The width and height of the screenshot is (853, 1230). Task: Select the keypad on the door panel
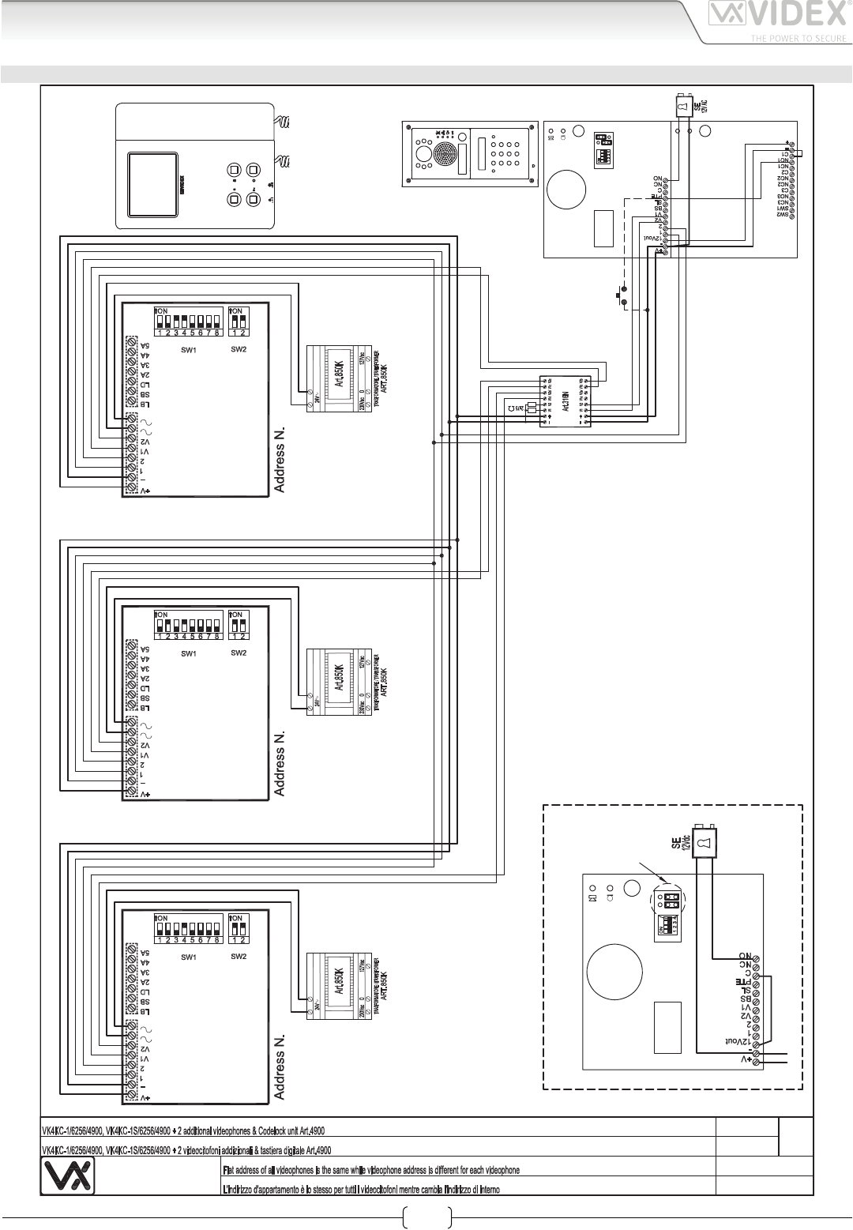pos(502,153)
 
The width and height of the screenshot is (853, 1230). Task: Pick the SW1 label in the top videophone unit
pos(188,350)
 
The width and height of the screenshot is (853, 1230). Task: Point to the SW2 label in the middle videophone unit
pos(239,653)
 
